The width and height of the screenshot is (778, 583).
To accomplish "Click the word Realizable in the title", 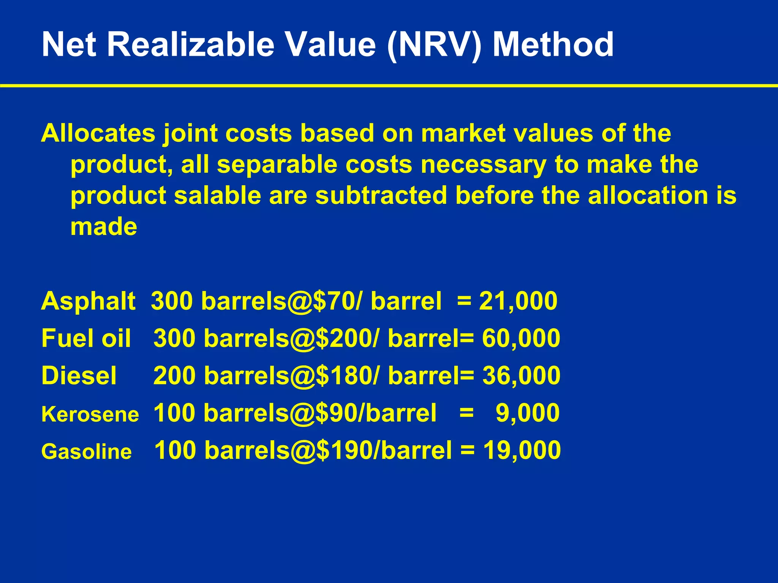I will (190, 45).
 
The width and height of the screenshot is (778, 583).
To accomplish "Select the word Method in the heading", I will (553, 45).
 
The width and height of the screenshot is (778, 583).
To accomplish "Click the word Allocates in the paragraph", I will (98, 133).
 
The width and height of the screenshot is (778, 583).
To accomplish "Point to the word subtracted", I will (381, 195).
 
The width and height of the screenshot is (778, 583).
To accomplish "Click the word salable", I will (218, 195).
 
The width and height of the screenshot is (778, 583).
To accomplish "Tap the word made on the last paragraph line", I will (104, 227).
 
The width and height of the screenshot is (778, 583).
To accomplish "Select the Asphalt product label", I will (88, 301).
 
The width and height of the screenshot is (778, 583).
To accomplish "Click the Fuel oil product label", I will (86, 338).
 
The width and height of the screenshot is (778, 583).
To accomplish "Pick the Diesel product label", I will (79, 375).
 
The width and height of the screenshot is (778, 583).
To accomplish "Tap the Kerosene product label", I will (90, 414).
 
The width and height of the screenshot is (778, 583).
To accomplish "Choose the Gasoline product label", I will (86, 452).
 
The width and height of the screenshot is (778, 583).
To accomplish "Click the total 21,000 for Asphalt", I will (518, 301).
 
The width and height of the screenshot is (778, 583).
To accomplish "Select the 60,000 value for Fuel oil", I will (521, 338).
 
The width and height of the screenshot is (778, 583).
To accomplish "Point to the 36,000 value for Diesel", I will (521, 375).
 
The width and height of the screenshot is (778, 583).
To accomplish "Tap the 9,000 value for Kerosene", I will (527, 413).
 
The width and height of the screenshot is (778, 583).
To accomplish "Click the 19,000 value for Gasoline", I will (522, 450).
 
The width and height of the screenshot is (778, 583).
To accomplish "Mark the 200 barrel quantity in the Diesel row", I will (174, 375).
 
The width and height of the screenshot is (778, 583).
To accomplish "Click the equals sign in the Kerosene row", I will (466, 413).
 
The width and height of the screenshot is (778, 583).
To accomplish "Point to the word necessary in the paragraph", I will (483, 164).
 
